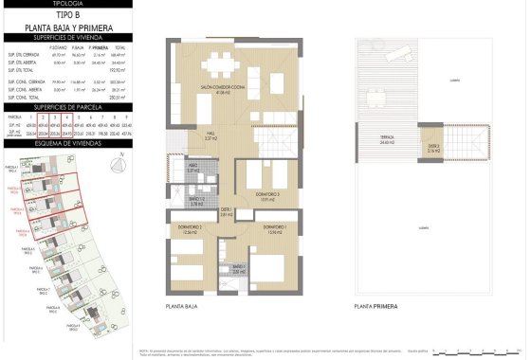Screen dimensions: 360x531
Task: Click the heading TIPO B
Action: tap(66, 16)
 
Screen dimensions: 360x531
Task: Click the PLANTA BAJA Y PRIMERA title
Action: tap(66, 27)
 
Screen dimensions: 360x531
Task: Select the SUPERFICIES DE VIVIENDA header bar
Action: tap(66, 37)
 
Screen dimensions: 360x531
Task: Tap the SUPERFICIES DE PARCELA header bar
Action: tap(66, 108)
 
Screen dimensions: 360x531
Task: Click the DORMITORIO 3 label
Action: tap(267, 197)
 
